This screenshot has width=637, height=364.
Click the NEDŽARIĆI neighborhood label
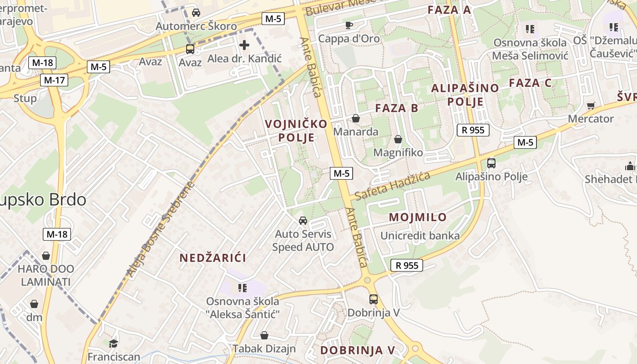(x=212, y=258)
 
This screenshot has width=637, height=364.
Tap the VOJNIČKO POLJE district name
(x=296, y=131)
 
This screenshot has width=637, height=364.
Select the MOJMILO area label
(x=418, y=217)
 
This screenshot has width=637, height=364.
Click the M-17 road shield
(x=54, y=81)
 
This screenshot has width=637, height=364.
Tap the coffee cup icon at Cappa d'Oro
(x=349, y=25)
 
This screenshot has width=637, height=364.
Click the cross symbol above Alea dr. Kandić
(x=244, y=45)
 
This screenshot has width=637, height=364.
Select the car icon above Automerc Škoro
(x=196, y=13)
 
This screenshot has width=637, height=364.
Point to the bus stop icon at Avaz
(x=190, y=49)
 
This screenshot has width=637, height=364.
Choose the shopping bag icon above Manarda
(x=356, y=118)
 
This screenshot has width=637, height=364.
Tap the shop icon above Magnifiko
(x=398, y=139)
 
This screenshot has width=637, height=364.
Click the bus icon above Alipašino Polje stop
(x=491, y=163)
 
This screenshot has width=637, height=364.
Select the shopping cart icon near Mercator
(x=591, y=106)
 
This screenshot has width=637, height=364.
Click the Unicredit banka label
(x=420, y=236)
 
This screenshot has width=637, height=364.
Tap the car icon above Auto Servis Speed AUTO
(x=303, y=221)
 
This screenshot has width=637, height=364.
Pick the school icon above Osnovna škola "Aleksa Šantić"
(x=243, y=288)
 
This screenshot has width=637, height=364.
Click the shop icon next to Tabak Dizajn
(x=264, y=335)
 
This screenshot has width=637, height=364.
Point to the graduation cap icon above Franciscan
(x=113, y=343)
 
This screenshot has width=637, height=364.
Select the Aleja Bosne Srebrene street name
(x=161, y=230)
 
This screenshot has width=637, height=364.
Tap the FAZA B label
(x=396, y=108)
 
